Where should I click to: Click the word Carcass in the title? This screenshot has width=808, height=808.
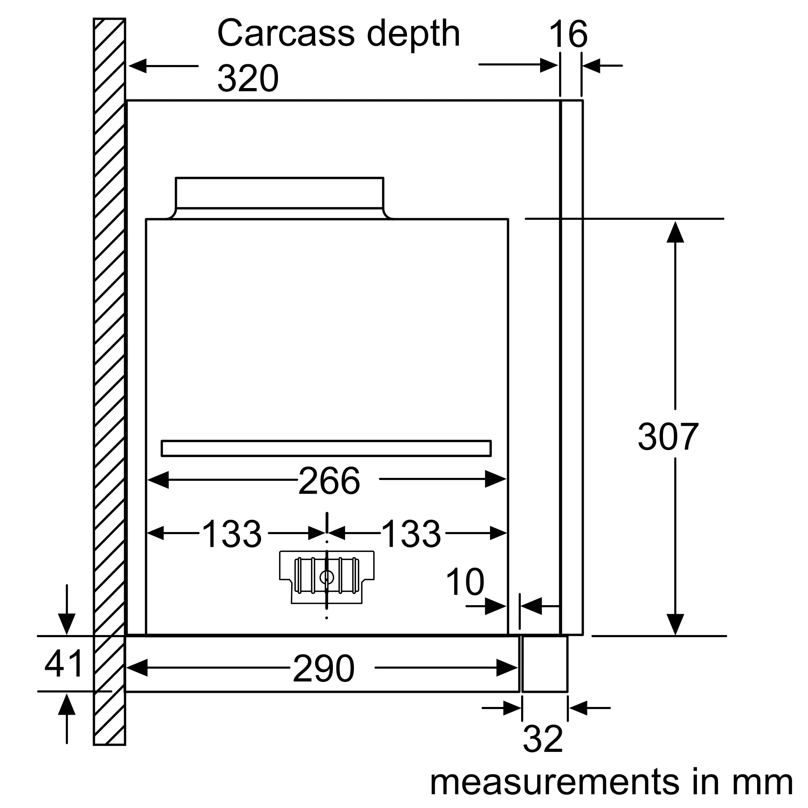click(x=286, y=34)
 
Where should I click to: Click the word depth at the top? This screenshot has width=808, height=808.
click(x=413, y=34)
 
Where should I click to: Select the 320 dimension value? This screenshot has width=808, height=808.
click(x=248, y=79)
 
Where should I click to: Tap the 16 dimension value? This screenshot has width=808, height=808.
click(x=568, y=34)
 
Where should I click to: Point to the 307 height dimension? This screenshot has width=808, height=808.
click(x=668, y=437)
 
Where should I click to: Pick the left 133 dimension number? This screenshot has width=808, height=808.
click(x=231, y=534)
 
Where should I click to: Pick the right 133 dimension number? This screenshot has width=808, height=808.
click(x=411, y=534)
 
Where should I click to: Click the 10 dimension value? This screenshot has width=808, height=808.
click(x=465, y=582)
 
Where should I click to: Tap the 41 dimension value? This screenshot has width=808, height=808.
click(x=64, y=664)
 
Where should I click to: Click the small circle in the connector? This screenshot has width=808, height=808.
click(x=326, y=578)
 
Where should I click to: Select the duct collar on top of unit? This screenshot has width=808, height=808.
click(x=280, y=193)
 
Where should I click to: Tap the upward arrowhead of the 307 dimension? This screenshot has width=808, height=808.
click(x=675, y=232)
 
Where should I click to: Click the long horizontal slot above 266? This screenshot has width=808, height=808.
click(x=326, y=448)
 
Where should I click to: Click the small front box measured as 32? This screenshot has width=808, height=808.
click(x=545, y=664)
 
